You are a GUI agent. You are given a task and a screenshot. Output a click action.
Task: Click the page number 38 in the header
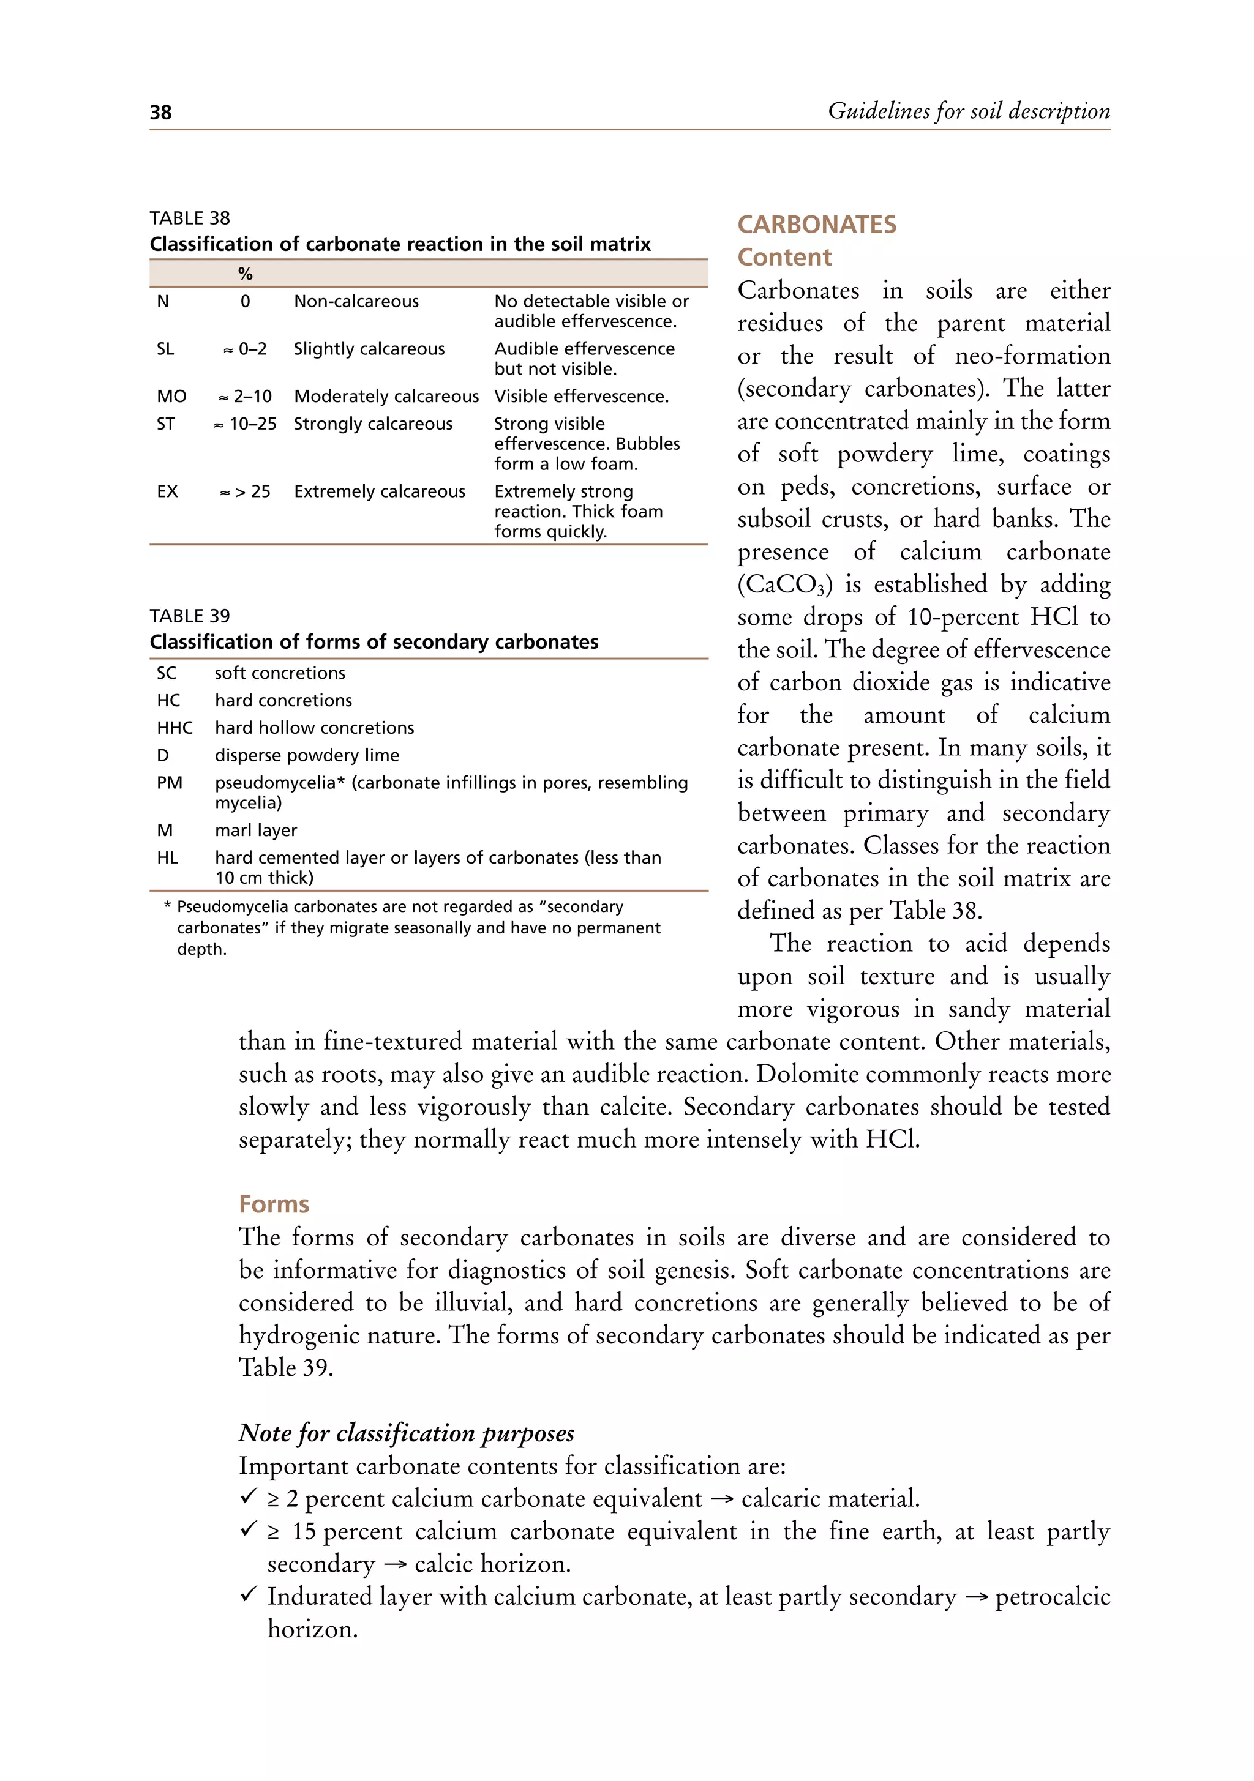[160, 113]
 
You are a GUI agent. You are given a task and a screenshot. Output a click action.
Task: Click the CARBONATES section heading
[816, 225]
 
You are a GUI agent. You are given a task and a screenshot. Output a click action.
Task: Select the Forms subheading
[274, 1204]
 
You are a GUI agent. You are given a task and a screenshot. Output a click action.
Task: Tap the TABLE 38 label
[190, 218]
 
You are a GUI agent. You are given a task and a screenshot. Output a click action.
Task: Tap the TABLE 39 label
[190, 616]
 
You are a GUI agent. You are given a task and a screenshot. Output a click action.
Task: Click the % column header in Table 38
[245, 274]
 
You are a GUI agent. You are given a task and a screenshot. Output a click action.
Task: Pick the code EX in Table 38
[168, 492]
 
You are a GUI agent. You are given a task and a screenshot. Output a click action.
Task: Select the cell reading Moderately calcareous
[386, 397]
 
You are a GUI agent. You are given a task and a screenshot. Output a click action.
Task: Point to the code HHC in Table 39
[175, 728]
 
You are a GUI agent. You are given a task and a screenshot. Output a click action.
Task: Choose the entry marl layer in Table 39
[256, 831]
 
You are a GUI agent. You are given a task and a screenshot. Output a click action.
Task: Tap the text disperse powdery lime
[307, 755]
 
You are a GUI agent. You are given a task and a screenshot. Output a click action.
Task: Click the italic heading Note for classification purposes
[406, 1433]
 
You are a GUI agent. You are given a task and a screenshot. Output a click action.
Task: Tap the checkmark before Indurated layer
[249, 1595]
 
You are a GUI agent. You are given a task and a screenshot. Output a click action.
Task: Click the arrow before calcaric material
[721, 1499]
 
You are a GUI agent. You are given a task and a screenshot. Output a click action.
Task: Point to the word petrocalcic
[1052, 1598]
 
